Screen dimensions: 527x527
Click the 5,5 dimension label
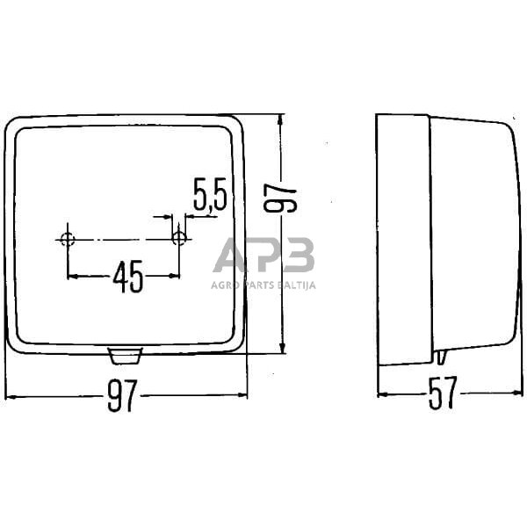click(209, 194)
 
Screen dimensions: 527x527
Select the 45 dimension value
click(128, 277)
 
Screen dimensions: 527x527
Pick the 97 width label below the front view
click(122, 397)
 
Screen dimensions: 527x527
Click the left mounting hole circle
click(68, 238)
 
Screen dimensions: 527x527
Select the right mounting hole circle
click(179, 237)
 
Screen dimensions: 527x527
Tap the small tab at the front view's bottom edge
click(125, 355)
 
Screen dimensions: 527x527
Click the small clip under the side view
click(440, 357)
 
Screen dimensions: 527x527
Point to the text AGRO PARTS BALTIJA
click(263, 285)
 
